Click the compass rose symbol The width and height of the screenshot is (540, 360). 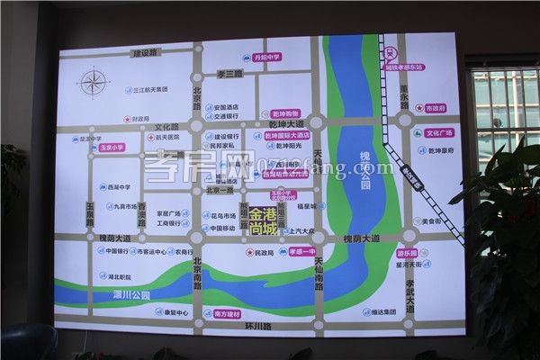[94, 84]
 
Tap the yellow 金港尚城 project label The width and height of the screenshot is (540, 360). [263, 221]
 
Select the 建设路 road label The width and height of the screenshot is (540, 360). [144, 53]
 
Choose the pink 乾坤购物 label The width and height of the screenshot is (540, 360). [285, 114]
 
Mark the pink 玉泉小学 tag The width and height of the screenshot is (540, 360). [111, 147]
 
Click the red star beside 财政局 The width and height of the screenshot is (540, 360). [126, 118]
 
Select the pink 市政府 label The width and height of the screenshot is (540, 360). [435, 108]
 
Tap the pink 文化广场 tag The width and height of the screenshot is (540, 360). [433, 133]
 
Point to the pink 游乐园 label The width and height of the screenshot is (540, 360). [409, 254]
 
